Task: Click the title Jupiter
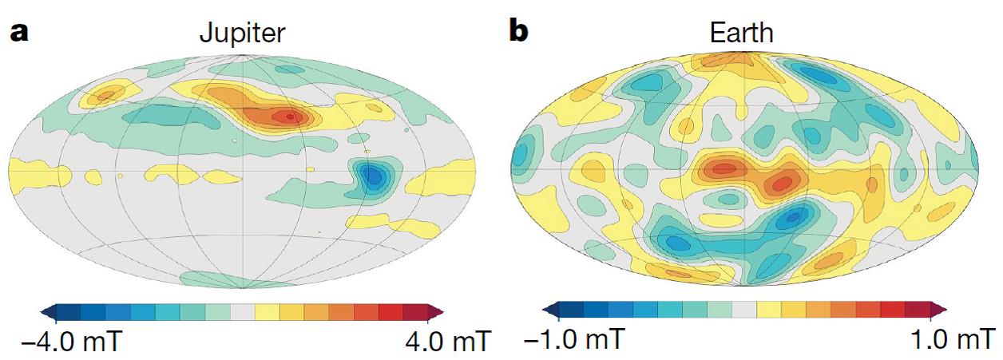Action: coord(241,34)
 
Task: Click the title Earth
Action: coord(741,34)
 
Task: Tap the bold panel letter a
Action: coord(18,34)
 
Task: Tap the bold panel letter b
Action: coord(520,34)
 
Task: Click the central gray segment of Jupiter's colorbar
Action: coord(241,311)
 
